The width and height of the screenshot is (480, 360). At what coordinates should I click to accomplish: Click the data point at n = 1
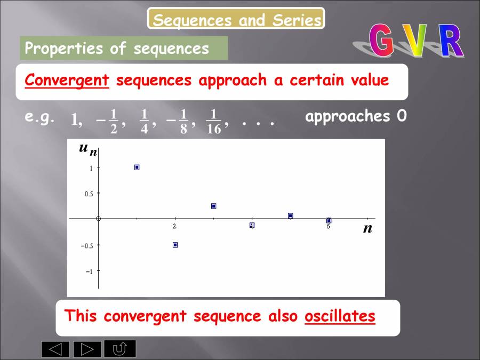pyautogui.click(x=137, y=167)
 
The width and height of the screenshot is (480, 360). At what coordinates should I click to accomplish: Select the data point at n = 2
pyautogui.click(x=175, y=245)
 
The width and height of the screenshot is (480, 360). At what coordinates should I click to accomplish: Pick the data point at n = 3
pyautogui.click(x=213, y=206)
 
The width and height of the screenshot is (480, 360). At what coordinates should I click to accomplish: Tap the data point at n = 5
pyautogui.click(x=290, y=215)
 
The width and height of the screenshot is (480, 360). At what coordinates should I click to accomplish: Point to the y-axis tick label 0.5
pyautogui.click(x=89, y=194)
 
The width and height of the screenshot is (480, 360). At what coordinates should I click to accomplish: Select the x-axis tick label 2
pyautogui.click(x=174, y=227)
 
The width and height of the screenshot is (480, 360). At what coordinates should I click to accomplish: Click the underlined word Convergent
pyautogui.click(x=67, y=81)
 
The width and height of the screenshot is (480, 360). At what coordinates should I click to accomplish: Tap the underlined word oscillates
pyautogui.click(x=340, y=316)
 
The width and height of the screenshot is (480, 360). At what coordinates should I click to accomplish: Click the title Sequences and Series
pyautogui.click(x=236, y=20)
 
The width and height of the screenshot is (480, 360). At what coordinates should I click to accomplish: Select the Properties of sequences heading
pyautogui.click(x=117, y=49)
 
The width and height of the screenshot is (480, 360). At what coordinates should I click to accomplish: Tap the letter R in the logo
pyautogui.click(x=451, y=42)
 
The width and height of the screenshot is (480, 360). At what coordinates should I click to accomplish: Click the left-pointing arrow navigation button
pyautogui.click(x=55, y=349)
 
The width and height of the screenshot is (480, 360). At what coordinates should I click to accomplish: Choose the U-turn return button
pyautogui.click(x=120, y=349)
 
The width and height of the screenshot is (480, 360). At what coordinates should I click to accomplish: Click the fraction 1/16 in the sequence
pyautogui.click(x=213, y=123)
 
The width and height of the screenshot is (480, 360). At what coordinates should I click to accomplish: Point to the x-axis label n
pyautogui.click(x=367, y=229)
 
